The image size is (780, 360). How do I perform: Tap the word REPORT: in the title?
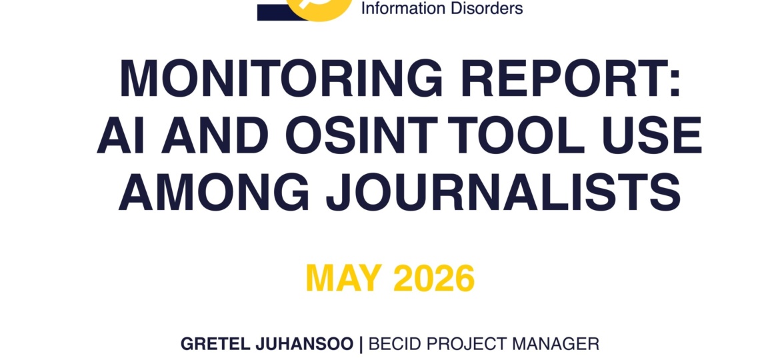(570, 79)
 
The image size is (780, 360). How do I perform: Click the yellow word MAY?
(344, 279)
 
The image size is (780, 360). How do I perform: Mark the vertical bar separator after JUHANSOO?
(361, 344)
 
